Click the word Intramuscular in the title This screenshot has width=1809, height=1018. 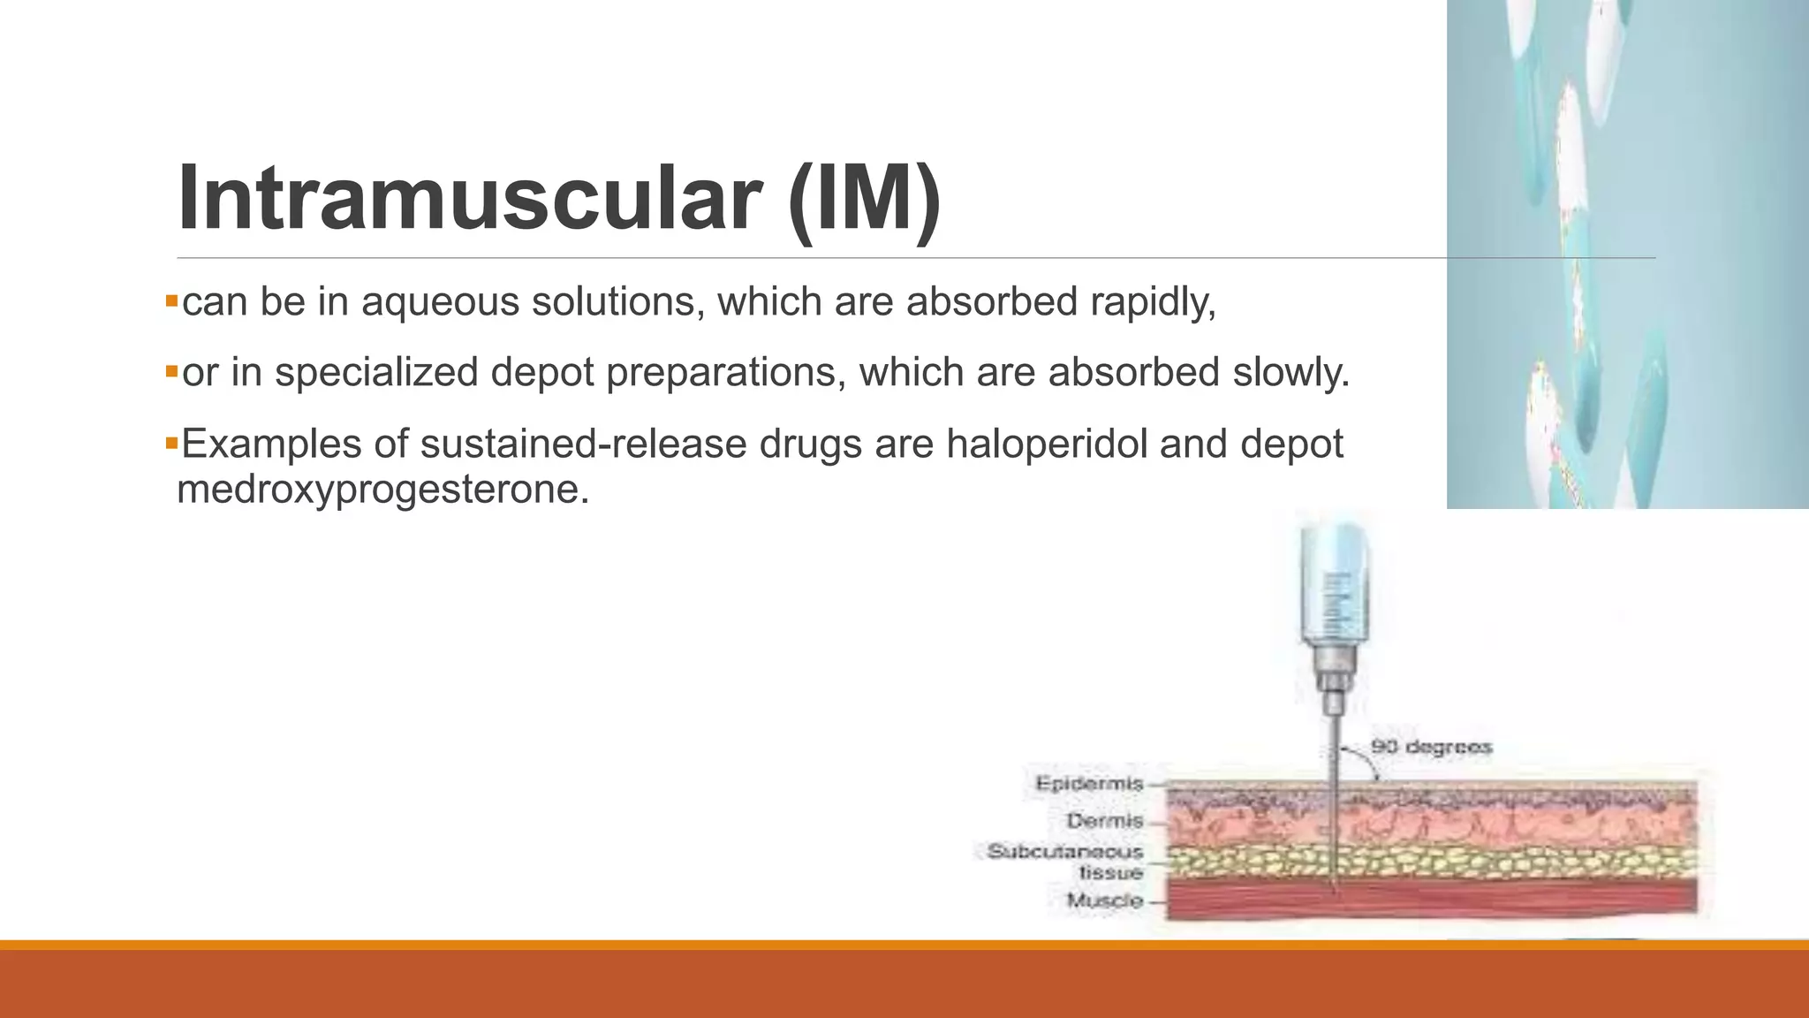[x=468, y=198]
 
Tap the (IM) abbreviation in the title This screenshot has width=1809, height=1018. [x=864, y=198]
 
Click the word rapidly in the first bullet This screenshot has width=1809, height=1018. [x=1152, y=303]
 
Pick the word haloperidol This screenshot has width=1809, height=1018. [x=1047, y=444]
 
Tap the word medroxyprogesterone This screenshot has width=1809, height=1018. [x=382, y=489]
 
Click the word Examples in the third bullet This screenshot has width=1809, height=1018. [x=271, y=444]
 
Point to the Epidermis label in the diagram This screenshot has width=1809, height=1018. [x=1089, y=784]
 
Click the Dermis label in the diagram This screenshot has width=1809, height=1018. [x=1104, y=821]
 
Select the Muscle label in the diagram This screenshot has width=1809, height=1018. [x=1104, y=900]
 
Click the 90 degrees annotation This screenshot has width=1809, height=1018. [x=1431, y=748]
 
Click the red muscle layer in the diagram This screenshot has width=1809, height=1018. [x=1502, y=898]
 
